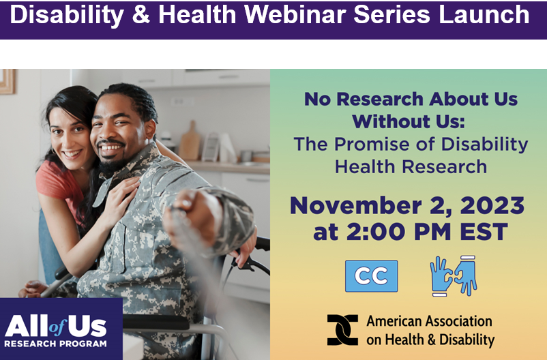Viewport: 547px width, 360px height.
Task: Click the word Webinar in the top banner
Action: (x=295, y=14)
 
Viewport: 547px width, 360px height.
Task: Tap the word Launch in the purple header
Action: (x=484, y=14)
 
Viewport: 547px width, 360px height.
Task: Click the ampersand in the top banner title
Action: (x=141, y=15)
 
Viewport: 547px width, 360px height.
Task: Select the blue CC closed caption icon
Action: (x=371, y=276)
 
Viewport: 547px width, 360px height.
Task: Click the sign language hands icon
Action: (x=453, y=276)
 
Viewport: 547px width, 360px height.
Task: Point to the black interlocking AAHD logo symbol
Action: (x=342, y=329)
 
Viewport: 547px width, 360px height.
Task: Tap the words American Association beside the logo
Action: (x=429, y=321)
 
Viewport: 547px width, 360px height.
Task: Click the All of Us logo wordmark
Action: (x=55, y=326)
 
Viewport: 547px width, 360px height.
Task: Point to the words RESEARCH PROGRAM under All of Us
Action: (x=55, y=344)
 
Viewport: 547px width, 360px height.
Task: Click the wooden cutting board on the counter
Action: (x=190, y=141)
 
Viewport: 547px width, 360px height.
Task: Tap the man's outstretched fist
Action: (x=194, y=216)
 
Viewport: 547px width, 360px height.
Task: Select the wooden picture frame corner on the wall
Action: (x=8, y=81)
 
